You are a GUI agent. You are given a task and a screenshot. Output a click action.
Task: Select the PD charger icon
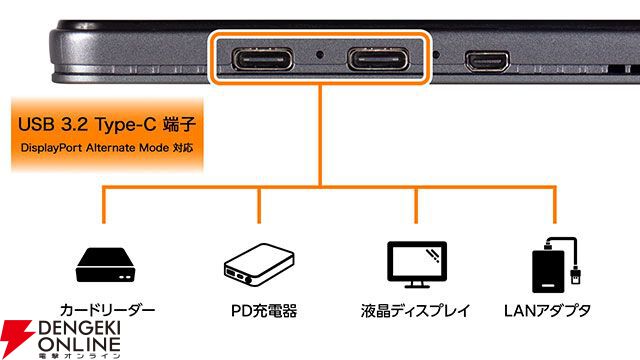[258, 264]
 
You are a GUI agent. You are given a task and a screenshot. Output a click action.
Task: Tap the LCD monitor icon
[414, 262]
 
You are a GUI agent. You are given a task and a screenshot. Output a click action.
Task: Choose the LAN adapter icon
[554, 263]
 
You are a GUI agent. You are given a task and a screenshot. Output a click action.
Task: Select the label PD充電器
[258, 312]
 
